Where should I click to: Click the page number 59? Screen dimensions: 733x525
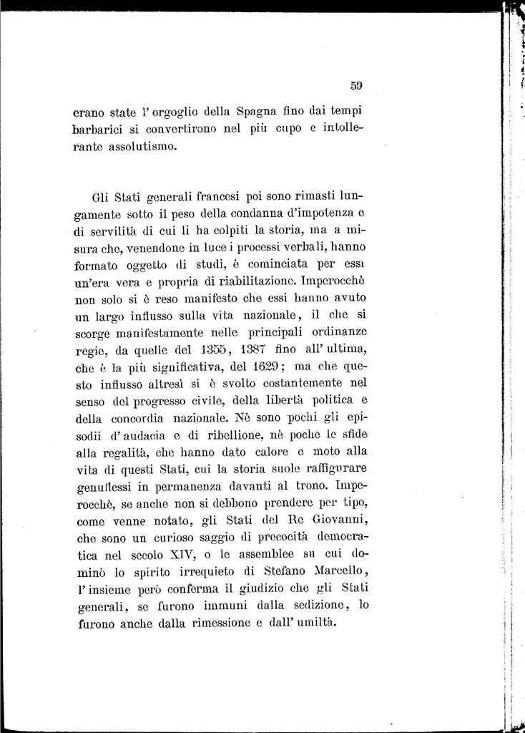pos(358,85)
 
